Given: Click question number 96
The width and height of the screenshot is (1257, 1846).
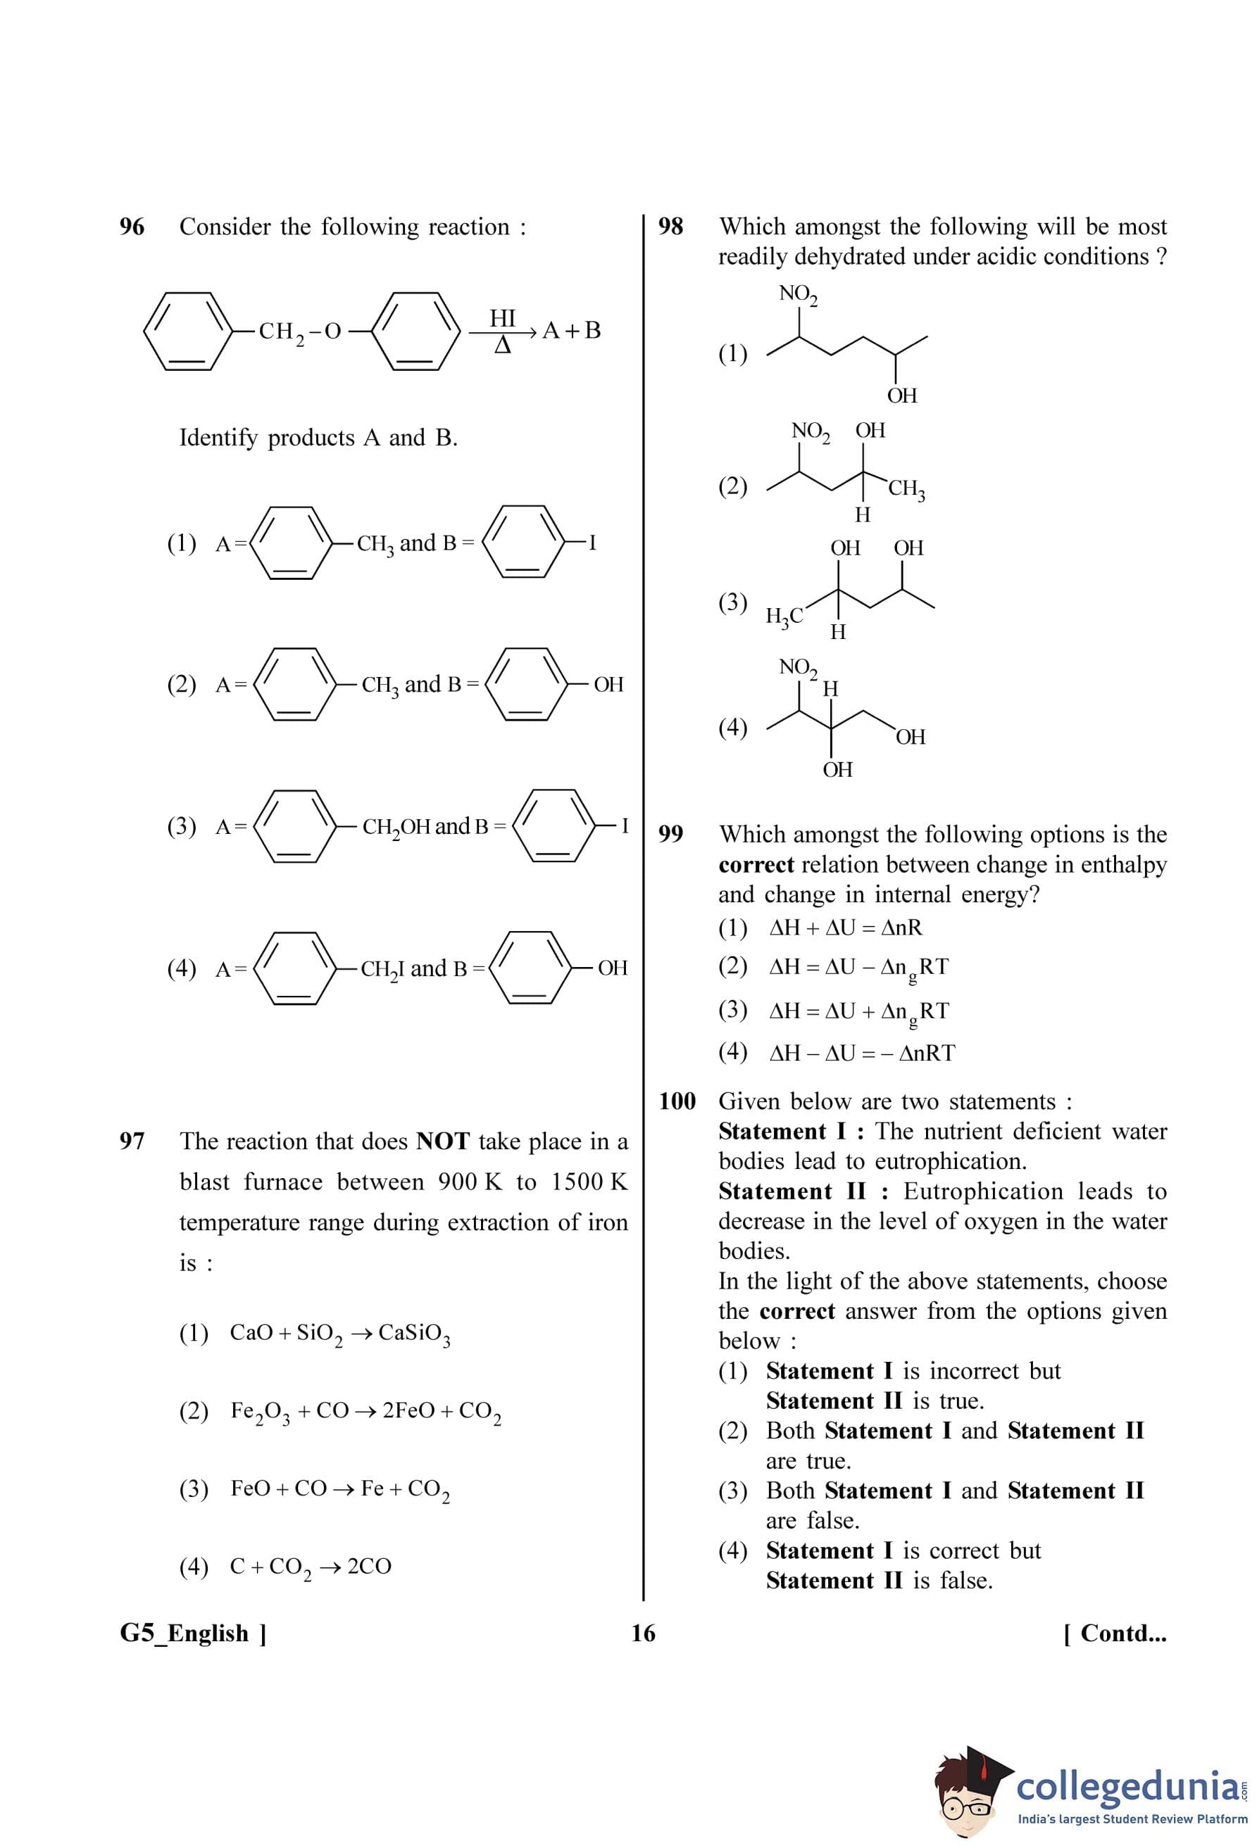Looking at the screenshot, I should point(132,227).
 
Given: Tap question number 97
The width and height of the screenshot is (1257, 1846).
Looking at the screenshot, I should point(132,1142).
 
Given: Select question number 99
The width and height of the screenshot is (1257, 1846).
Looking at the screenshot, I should point(670,834).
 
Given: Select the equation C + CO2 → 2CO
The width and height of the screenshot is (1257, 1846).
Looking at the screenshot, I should point(311,1567).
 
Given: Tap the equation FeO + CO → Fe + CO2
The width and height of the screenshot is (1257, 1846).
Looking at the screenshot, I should point(340,1488).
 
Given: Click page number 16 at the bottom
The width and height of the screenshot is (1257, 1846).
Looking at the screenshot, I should point(643,1633).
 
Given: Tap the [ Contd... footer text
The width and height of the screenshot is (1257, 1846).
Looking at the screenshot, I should point(1115,1633).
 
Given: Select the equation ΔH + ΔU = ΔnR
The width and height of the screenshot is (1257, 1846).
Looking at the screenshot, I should point(846,928).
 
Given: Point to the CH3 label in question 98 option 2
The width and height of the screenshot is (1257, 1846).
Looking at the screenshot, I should point(906,488).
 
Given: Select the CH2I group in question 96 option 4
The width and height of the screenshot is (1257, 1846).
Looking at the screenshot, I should point(382,969).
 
